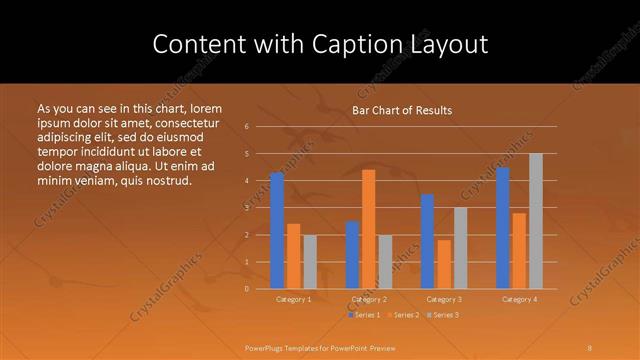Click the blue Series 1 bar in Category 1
point(277,231)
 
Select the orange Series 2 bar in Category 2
point(369,229)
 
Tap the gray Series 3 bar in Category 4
point(536,221)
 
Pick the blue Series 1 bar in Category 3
point(427,241)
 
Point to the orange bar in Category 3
point(444,264)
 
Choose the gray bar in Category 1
point(310,262)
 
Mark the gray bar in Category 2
point(386,262)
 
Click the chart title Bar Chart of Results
point(402,110)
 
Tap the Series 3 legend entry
point(442,315)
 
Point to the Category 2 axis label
point(369,299)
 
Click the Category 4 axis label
point(519,299)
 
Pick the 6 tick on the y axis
point(247,127)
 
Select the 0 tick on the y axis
point(247,289)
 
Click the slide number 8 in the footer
point(590,348)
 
